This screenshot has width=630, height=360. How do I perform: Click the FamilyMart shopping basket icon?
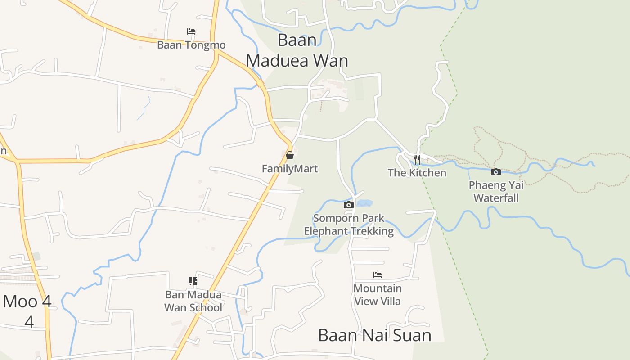(x=290, y=155)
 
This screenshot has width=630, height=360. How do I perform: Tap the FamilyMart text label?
(x=290, y=169)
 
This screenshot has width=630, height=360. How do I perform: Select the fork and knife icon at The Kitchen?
(x=417, y=159)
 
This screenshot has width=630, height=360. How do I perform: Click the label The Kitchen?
(x=417, y=173)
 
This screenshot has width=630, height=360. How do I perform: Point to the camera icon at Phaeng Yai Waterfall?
(x=495, y=172)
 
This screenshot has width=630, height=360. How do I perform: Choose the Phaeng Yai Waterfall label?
(x=496, y=191)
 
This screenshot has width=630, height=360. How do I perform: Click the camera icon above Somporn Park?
(x=348, y=205)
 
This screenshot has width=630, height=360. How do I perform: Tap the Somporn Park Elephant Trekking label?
(x=349, y=225)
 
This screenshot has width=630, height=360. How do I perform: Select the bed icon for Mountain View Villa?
(x=378, y=275)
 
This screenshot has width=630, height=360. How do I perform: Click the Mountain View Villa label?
(x=378, y=295)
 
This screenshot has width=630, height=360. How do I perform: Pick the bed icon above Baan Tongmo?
(x=191, y=31)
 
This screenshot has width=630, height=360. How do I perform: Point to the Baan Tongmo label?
(x=191, y=45)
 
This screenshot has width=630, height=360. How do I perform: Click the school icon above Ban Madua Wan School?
(x=193, y=281)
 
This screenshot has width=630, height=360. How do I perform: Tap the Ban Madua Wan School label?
(x=193, y=301)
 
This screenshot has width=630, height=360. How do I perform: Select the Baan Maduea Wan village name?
(x=297, y=50)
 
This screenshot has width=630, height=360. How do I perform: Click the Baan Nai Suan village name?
(x=374, y=335)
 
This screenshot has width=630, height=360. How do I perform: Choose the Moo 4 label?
(x=27, y=301)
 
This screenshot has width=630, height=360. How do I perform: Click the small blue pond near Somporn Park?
(x=364, y=203)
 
